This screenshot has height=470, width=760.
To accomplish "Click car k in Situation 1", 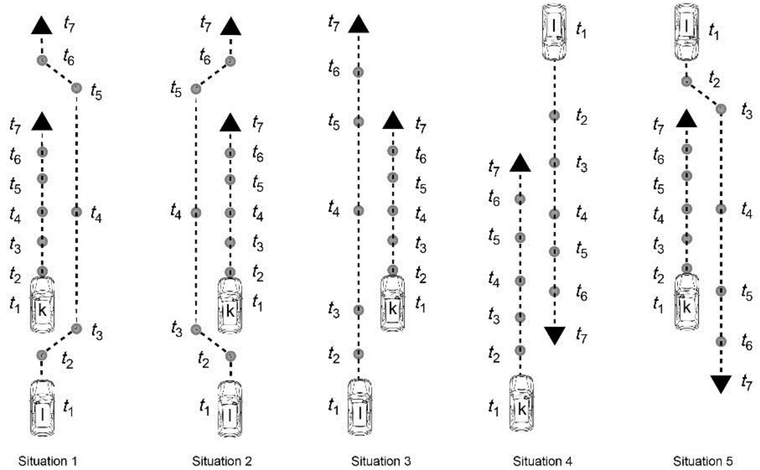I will pyautogui.click(x=42, y=305).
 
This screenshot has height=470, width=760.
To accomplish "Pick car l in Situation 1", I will pyautogui.click(x=42, y=408).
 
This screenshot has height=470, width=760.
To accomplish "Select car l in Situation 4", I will pyautogui.click(x=554, y=31).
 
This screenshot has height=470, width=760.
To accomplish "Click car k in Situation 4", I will pyautogui.click(x=521, y=403).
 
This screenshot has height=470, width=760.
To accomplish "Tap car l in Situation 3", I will pyautogui.click(x=359, y=407).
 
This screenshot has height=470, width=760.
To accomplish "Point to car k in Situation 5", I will pyautogui.click(x=687, y=302).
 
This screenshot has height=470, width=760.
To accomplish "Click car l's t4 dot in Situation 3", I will pyautogui.click(x=359, y=211).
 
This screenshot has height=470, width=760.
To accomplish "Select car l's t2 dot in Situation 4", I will pyautogui.click(x=554, y=116).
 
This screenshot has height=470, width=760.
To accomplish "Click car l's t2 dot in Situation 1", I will pyautogui.click(x=42, y=355).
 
